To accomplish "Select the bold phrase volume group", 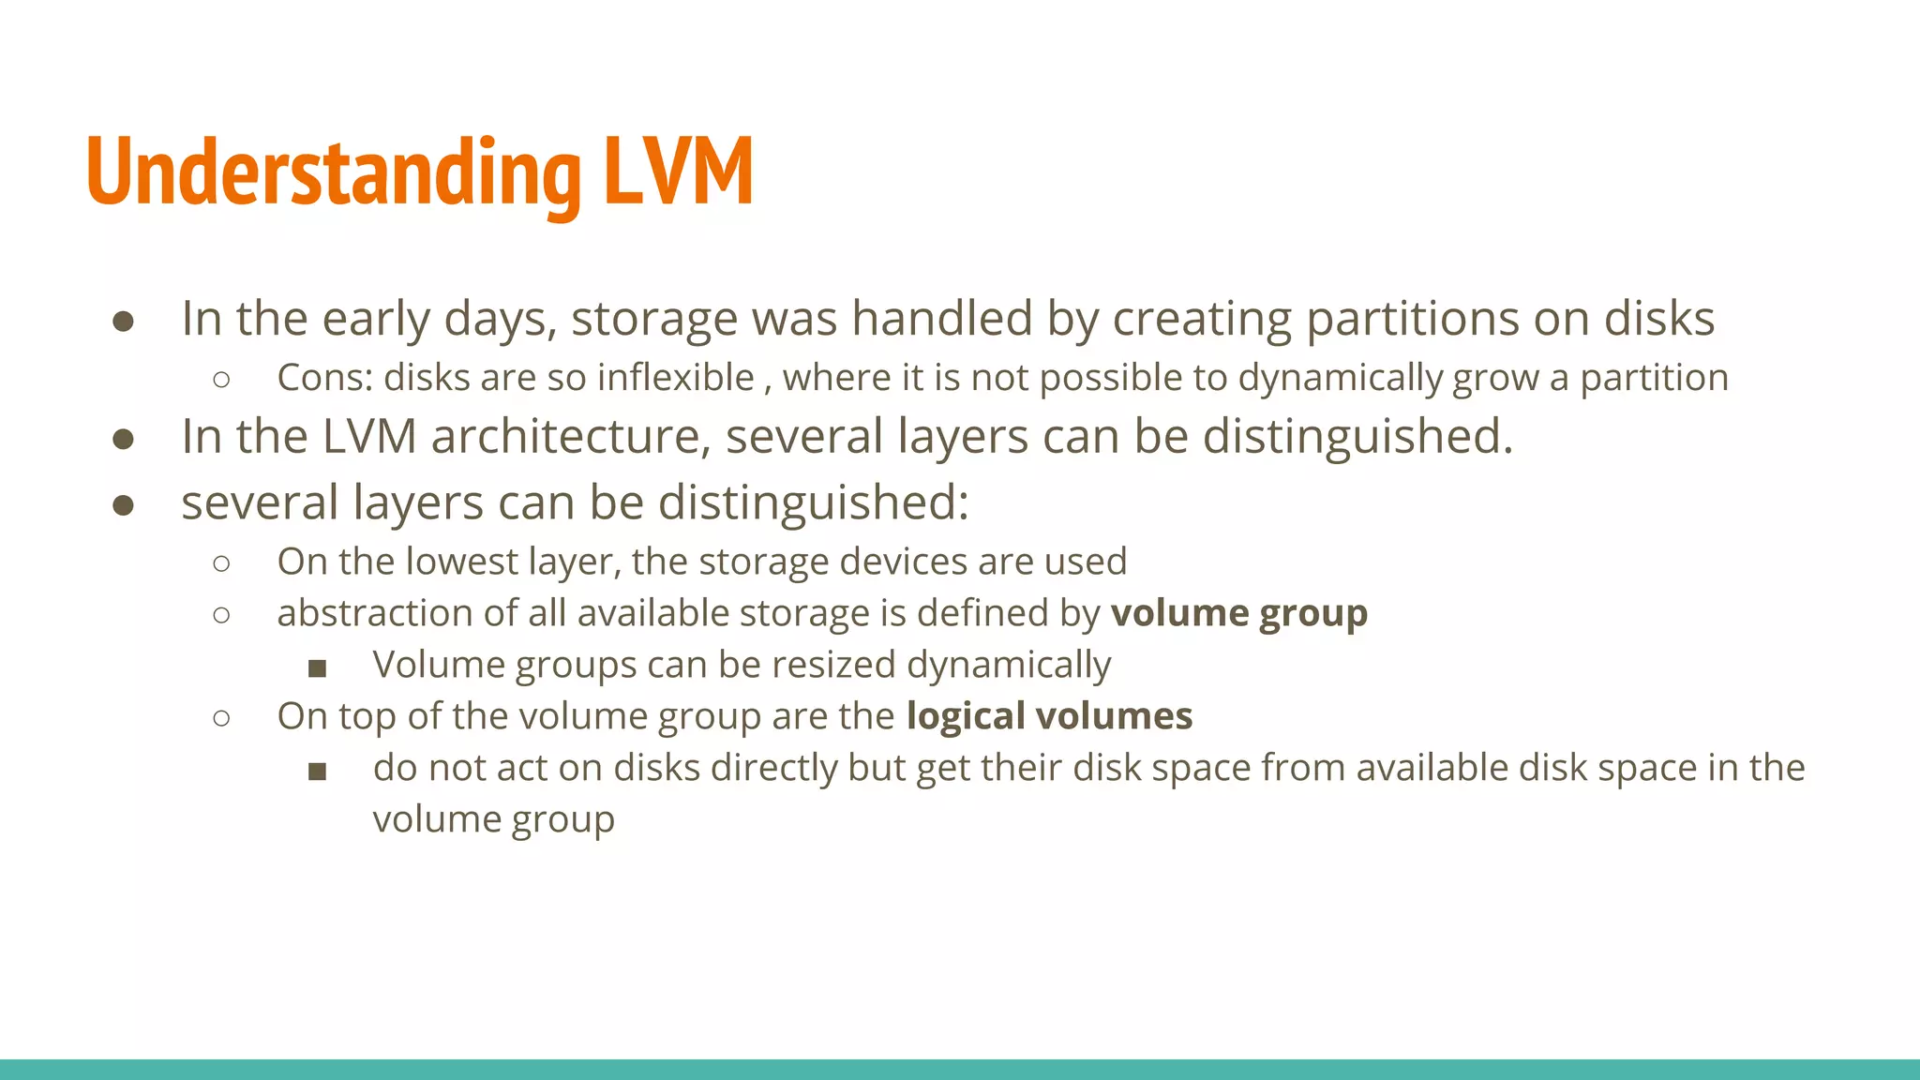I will [1238, 613].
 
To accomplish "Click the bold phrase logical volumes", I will [1049, 716].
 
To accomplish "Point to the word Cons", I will [324, 378].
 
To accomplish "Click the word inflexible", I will [675, 378].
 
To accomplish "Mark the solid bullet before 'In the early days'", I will [123, 322].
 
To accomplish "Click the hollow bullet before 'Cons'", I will [221, 380].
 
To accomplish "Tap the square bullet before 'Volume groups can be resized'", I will [317, 668].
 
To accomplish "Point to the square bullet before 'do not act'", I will [317, 772].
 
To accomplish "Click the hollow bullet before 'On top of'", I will [221, 718].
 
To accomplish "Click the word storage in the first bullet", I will [654, 319].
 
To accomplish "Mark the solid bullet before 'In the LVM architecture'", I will [123, 439].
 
